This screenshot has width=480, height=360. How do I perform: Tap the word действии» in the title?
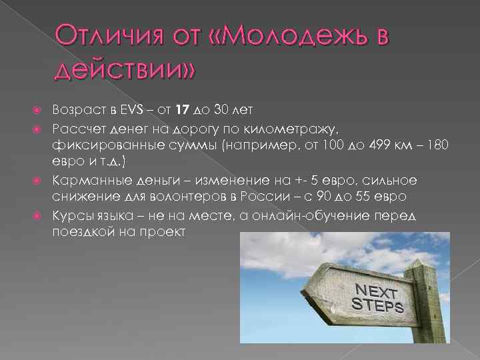pos(127,67)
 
